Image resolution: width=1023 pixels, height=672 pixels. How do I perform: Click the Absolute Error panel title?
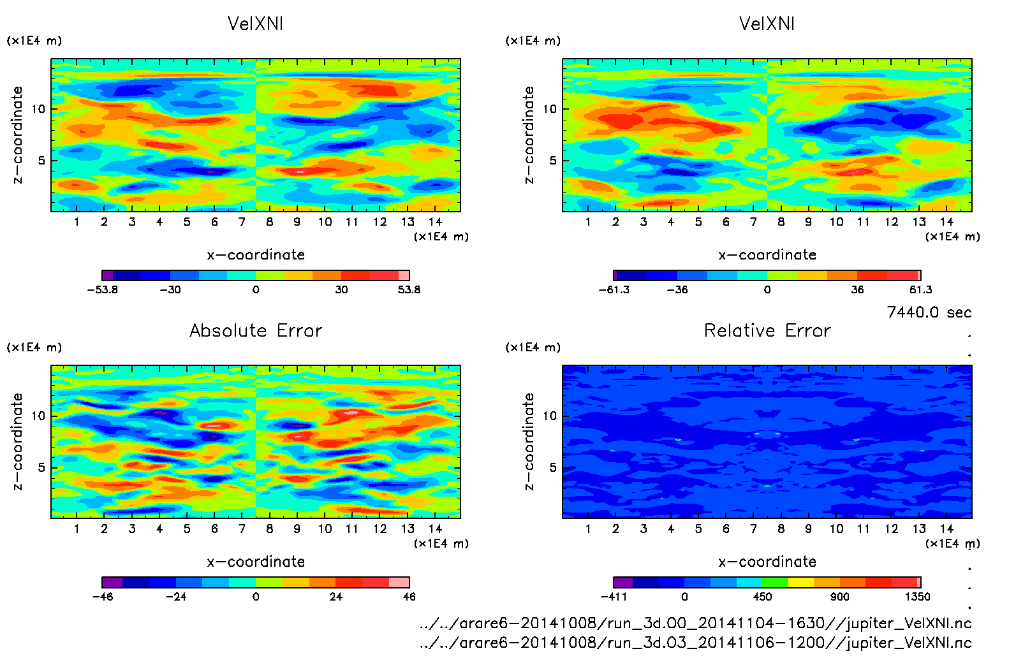[256, 330]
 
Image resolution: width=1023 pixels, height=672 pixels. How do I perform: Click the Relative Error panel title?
[767, 330]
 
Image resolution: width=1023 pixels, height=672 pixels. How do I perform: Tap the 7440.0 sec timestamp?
[929, 312]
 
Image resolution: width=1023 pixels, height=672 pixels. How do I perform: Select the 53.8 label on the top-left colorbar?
[409, 289]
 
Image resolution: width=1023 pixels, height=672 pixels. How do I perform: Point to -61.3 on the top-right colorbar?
[614, 289]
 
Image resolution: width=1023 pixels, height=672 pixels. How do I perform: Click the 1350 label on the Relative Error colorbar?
[917, 597]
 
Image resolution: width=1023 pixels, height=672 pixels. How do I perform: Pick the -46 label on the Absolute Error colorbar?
[103, 597]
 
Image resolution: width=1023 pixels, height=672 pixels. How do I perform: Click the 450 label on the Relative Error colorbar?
[763, 597]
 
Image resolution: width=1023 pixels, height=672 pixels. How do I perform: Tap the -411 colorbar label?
[614, 597]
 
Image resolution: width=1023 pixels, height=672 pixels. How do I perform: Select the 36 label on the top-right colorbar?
[857, 289]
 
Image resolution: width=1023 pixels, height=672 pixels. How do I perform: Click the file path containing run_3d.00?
[695, 623]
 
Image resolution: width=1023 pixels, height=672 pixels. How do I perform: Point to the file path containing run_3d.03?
[695, 643]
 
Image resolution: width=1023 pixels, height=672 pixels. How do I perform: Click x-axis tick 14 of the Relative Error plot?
[946, 529]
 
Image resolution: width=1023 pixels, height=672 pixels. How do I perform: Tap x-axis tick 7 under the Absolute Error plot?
[242, 529]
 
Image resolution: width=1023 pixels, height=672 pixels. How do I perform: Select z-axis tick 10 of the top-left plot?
[38, 109]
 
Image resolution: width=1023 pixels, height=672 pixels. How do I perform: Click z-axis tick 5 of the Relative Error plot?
[552, 467]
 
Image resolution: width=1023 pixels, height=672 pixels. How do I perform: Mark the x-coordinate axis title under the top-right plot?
[767, 255]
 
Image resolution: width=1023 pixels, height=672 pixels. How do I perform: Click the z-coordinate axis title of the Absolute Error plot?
[17, 441]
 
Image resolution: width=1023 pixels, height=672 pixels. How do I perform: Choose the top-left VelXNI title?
[256, 24]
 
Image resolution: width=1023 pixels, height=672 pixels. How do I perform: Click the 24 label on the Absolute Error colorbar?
[335, 597]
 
